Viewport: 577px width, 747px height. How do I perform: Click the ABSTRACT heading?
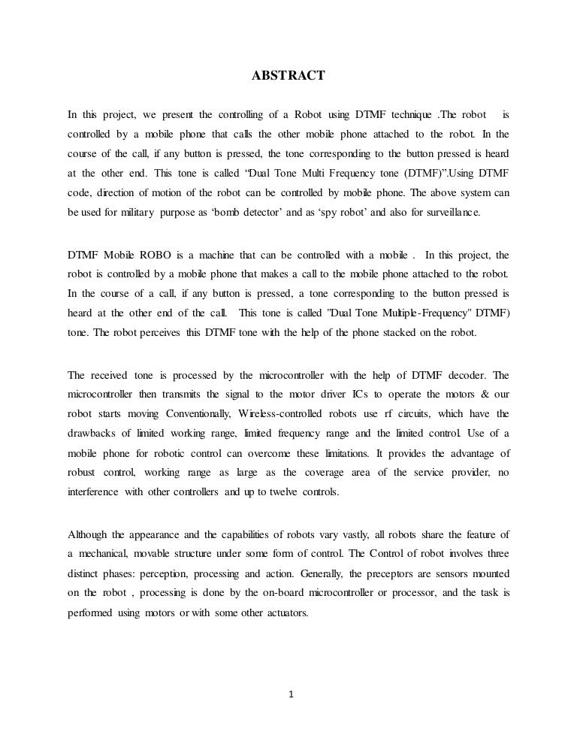tap(288, 75)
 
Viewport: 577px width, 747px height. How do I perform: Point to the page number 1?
tap(289, 693)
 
